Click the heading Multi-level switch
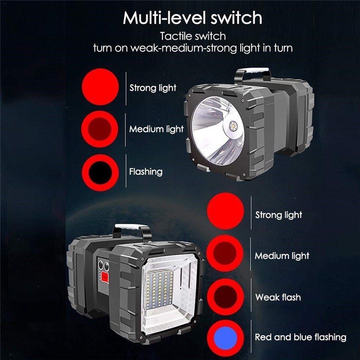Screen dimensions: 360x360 (x=193, y=18)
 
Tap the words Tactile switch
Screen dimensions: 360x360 (x=193, y=36)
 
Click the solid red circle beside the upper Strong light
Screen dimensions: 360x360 (x=100, y=87)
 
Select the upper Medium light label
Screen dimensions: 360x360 (x=156, y=129)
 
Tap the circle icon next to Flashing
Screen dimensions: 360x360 (x=100, y=173)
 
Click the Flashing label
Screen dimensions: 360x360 (x=146, y=172)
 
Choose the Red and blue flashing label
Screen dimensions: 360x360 (x=301, y=337)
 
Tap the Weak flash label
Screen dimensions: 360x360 (x=278, y=297)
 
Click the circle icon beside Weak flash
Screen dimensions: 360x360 (x=225, y=297)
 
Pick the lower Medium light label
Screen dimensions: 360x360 (x=282, y=256)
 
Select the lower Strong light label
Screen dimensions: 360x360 (x=279, y=215)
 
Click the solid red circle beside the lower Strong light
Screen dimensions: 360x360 (x=225, y=211)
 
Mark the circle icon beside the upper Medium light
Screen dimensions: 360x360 (x=99, y=129)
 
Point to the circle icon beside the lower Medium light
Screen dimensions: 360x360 (x=225, y=253)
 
